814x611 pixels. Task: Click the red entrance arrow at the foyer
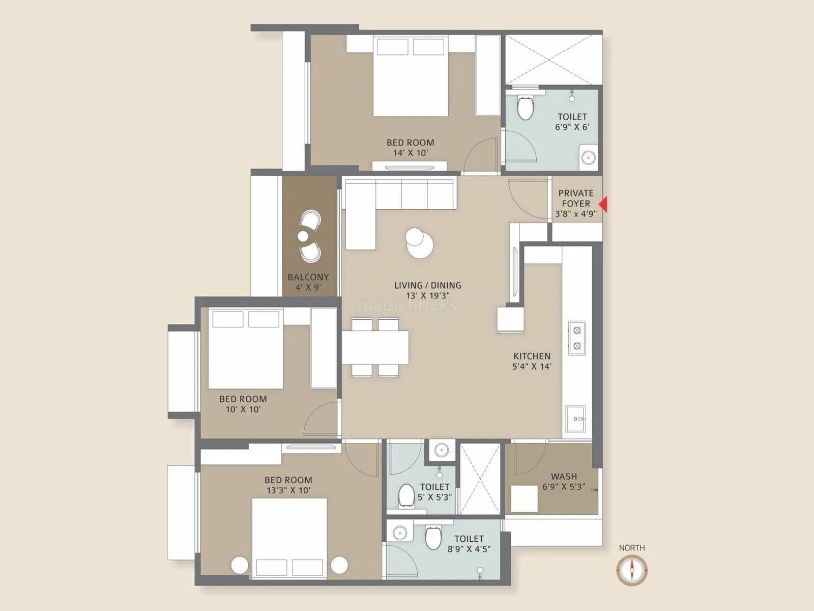(603, 205)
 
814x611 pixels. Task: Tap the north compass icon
(632, 570)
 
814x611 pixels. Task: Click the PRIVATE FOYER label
(576, 203)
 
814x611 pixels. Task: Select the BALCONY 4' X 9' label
(308, 282)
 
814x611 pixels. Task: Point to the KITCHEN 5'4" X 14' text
(532, 361)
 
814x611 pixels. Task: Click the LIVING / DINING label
(427, 290)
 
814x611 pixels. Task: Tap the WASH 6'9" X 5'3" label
(564, 481)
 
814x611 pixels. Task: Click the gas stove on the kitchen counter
(577, 338)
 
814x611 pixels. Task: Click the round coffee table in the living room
(419, 241)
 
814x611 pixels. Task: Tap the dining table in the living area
(375, 347)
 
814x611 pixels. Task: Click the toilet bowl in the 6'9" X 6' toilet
(525, 107)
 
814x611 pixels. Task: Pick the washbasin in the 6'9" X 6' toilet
(588, 157)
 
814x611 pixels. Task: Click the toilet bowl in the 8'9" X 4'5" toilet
(433, 538)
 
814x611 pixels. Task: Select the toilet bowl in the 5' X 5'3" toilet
(406, 495)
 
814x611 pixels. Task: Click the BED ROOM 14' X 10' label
(410, 148)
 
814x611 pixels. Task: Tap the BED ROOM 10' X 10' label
(243, 404)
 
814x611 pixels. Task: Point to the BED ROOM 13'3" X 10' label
(288, 485)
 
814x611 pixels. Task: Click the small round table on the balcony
(303, 236)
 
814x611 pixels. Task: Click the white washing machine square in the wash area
(525, 498)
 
